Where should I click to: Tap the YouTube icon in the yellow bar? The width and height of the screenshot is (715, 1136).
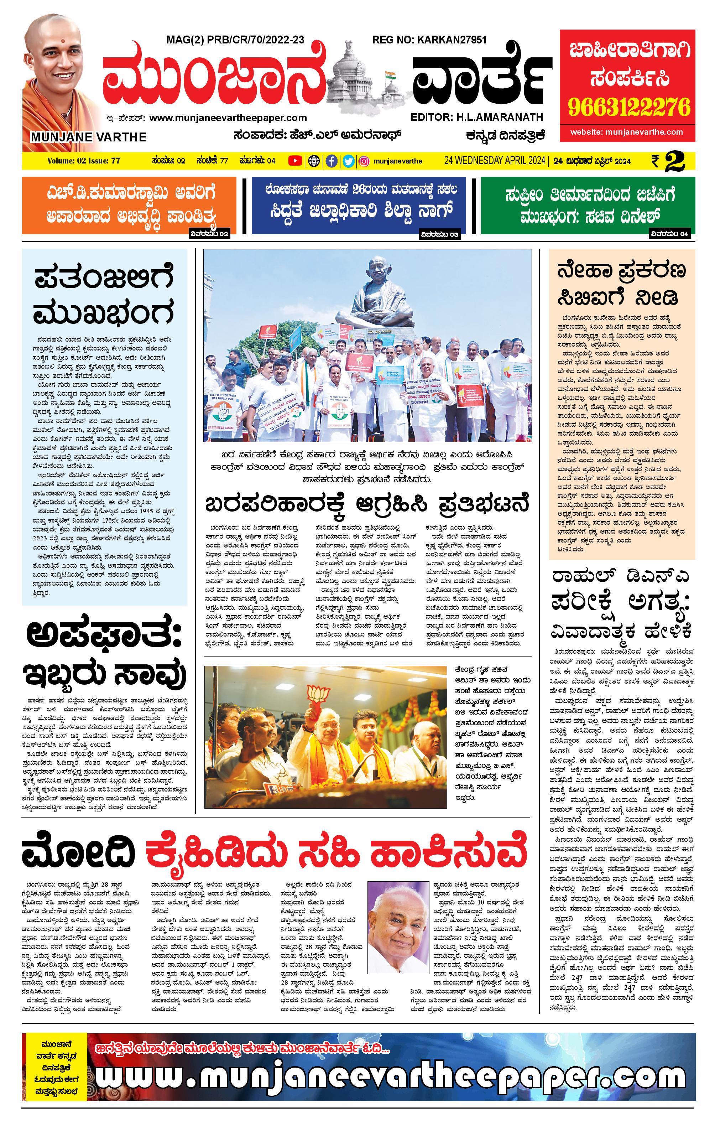(295, 161)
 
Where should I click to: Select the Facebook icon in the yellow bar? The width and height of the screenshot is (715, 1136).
(332, 161)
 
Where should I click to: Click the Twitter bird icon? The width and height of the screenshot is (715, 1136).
(348, 161)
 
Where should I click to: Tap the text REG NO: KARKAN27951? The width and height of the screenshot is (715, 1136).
(429, 40)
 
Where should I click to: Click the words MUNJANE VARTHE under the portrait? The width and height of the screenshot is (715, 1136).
(89, 137)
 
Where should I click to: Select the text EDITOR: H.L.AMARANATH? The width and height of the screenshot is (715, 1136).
(477, 117)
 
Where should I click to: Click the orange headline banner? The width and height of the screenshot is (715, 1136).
(129, 205)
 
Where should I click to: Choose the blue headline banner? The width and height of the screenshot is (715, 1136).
(359, 205)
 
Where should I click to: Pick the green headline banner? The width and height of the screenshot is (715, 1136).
(588, 205)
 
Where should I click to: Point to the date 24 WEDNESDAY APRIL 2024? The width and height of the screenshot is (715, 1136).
(494, 161)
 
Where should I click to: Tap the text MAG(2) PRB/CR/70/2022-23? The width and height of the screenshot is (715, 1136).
(235, 40)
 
